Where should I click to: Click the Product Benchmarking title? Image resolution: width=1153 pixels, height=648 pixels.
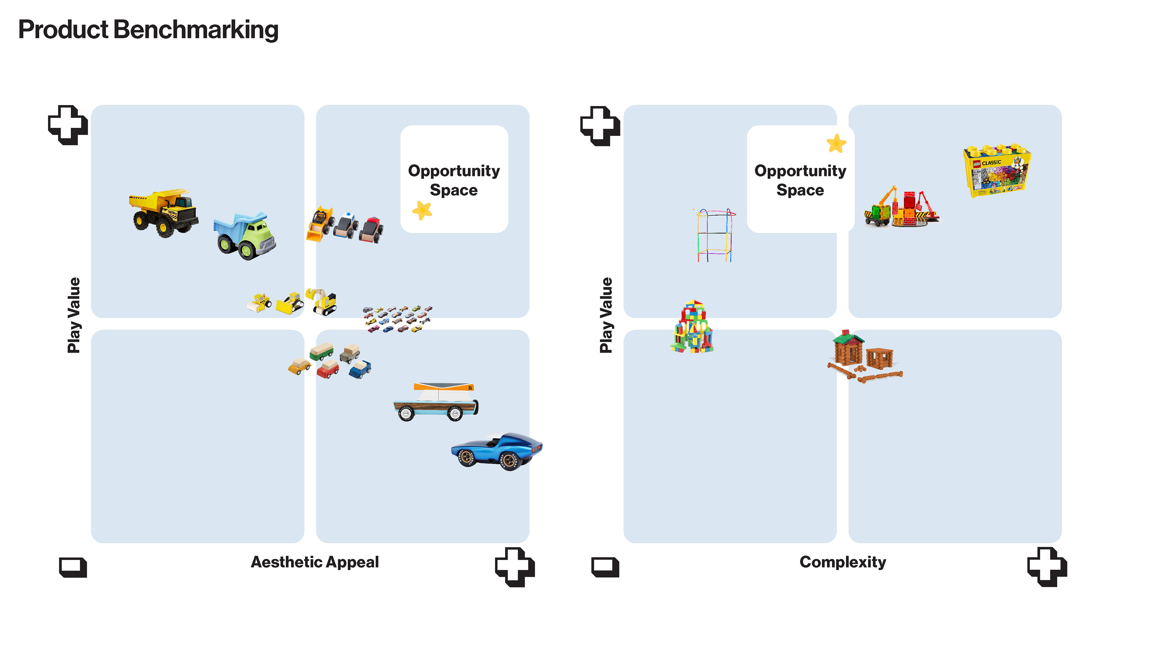click(x=148, y=30)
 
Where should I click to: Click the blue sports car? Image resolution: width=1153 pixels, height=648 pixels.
click(x=496, y=451)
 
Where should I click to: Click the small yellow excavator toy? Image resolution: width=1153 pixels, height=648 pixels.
click(x=321, y=301)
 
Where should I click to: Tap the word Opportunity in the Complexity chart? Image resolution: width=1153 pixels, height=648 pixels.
click(x=800, y=171)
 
